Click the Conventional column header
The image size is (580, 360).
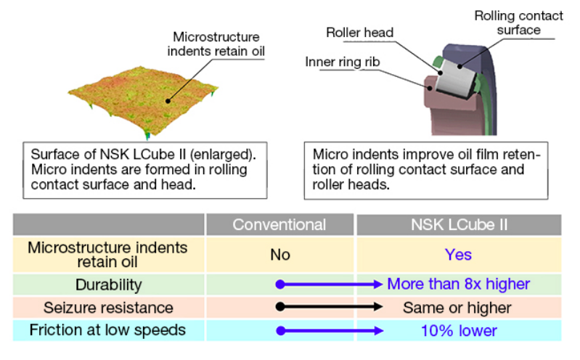(279, 224)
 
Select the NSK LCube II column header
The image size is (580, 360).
(459, 224)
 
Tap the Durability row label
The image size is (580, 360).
(108, 285)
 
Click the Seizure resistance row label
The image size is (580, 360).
(108, 308)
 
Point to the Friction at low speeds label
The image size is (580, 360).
(108, 330)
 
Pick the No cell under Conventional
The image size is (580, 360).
(279, 255)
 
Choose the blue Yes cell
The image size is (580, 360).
(459, 255)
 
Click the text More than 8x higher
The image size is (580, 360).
(459, 285)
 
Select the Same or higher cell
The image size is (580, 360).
(457, 308)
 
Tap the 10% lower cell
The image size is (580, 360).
(459, 331)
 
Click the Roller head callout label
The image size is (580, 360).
(359, 33)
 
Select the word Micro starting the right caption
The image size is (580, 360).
(329, 155)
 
